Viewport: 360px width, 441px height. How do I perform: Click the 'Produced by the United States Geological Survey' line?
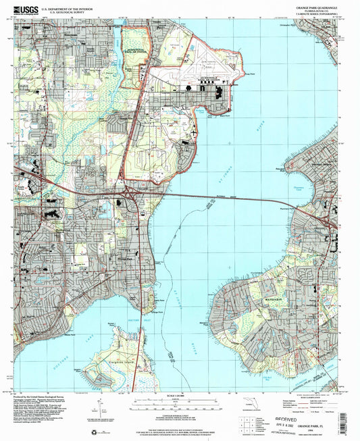point(47,396)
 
